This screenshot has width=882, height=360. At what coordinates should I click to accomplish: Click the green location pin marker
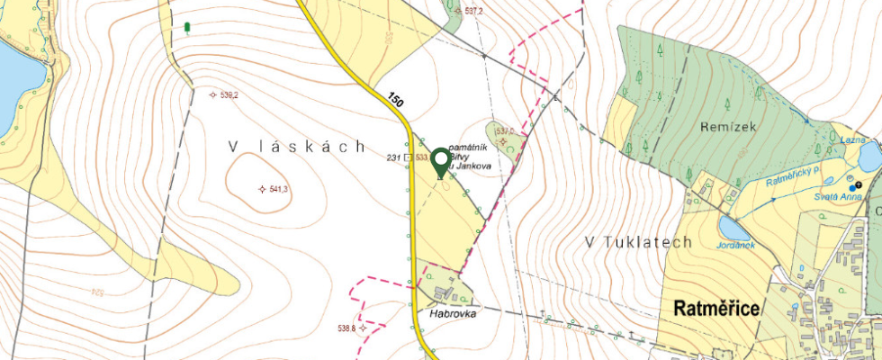440,160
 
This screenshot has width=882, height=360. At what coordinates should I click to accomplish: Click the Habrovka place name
452,314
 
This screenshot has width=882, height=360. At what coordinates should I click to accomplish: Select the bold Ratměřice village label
717,309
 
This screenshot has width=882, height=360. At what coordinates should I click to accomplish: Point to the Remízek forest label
728,128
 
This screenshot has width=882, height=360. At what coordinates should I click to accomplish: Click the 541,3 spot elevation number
278,189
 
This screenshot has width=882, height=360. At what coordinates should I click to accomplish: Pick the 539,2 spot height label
229,94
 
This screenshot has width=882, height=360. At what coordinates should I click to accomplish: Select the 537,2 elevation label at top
474,12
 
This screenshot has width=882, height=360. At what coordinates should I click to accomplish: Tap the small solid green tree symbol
186,28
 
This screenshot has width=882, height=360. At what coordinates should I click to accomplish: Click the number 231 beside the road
392,157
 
